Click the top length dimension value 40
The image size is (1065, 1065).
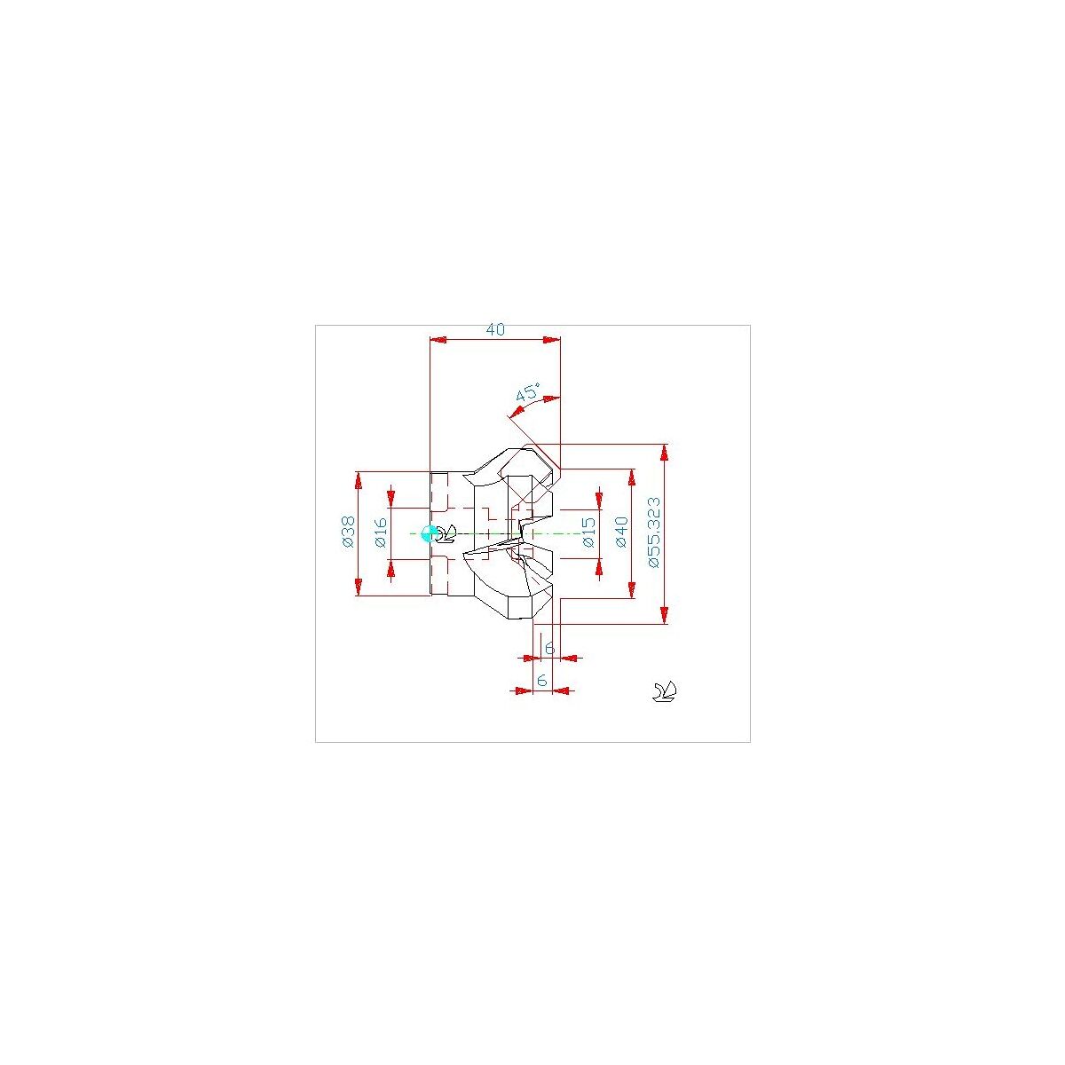(494, 329)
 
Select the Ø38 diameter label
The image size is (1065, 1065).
(348, 532)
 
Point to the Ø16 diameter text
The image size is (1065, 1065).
(381, 532)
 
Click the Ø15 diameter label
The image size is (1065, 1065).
(589, 532)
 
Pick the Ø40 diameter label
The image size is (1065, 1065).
(622, 532)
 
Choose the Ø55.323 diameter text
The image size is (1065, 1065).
(654, 532)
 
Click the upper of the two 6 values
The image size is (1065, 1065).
(549, 648)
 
